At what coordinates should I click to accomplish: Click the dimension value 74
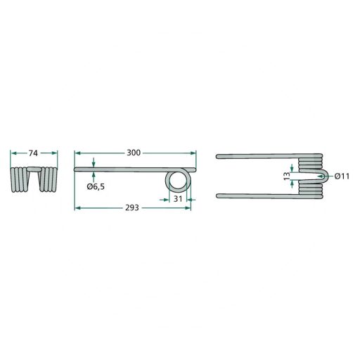click(33, 153)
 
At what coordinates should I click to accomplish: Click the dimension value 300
click(134, 153)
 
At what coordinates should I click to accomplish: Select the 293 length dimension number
click(132, 207)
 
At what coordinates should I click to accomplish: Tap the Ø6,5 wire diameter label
click(96, 187)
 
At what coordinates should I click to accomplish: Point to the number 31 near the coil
click(178, 199)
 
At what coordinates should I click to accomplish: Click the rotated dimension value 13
click(287, 176)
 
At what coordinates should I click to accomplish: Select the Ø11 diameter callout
click(342, 176)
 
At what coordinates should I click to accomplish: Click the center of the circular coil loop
click(178, 181)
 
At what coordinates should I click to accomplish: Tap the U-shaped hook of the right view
click(324, 176)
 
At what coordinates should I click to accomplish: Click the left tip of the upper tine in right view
click(217, 156)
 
